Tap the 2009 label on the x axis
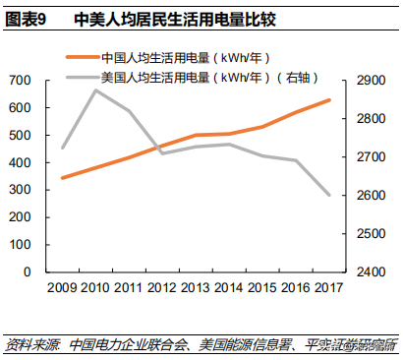62,288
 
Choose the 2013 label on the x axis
196,288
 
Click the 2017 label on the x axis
329,288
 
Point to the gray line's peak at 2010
95,90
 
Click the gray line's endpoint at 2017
329,195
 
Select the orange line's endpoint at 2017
329,99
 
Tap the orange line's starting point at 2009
62,178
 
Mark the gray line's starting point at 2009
62,148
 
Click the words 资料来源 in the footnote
30,344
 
